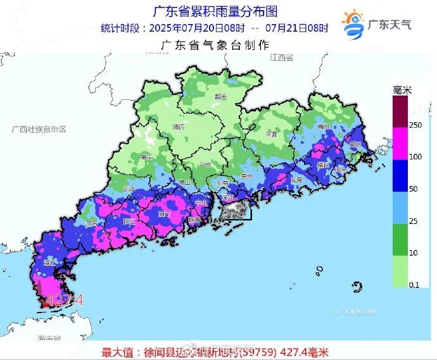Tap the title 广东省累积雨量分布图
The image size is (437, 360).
click(216, 11)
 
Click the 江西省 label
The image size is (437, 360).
click(281, 58)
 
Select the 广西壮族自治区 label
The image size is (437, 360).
click(39, 128)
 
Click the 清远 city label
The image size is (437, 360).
click(179, 127)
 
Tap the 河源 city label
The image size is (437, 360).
click(271, 134)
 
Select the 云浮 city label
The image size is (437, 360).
click(129, 189)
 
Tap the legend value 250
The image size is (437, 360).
click(415, 125)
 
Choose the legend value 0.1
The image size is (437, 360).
click(414, 285)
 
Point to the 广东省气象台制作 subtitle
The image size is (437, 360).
click(216, 45)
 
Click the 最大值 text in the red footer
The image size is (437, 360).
click(117, 351)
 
